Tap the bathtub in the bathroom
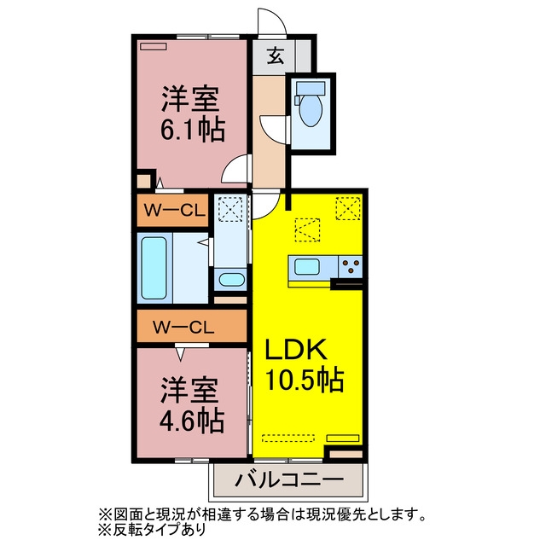[x=154, y=268]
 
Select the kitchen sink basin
[x=307, y=267]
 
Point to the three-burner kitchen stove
[x=350, y=266]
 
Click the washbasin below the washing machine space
[x=232, y=280]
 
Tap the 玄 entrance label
[x=275, y=55]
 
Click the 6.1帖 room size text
[x=192, y=131]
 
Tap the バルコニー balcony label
[x=289, y=480]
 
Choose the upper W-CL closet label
[x=174, y=211]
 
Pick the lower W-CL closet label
[x=183, y=328]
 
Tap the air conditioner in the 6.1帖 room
[x=154, y=46]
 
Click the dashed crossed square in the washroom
[x=230, y=209]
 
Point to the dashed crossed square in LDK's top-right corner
[x=348, y=208]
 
